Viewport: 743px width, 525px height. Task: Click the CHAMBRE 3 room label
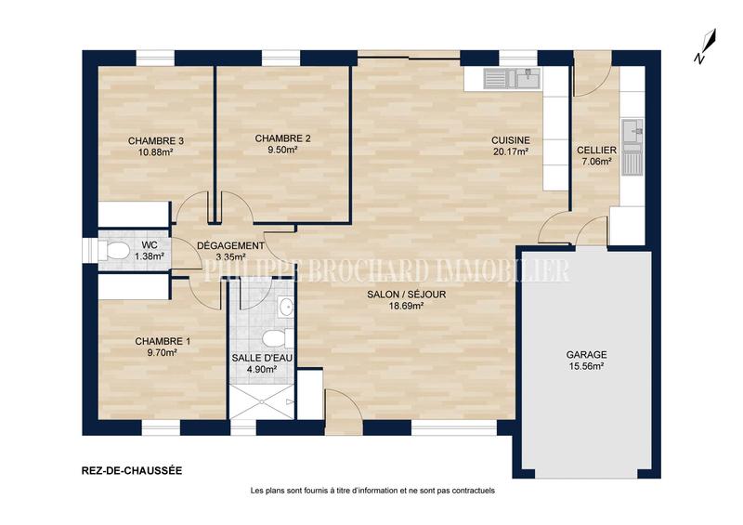156,141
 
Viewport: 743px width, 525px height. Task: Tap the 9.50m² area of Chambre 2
282,150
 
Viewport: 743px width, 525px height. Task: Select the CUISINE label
510,140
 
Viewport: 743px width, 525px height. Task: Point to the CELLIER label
596,150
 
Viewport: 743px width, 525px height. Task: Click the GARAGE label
586,355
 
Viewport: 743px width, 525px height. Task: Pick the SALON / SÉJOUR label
395,294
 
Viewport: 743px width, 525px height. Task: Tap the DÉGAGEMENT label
230,245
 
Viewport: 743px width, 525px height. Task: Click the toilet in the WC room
115,251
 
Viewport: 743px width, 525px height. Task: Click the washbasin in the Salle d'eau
285,307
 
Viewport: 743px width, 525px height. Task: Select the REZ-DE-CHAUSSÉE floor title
125,470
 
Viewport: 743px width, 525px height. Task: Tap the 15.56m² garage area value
586,367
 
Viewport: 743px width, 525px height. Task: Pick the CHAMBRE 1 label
162,341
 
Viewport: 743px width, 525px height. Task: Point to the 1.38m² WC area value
149,256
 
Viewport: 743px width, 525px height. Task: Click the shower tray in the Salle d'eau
262,400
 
